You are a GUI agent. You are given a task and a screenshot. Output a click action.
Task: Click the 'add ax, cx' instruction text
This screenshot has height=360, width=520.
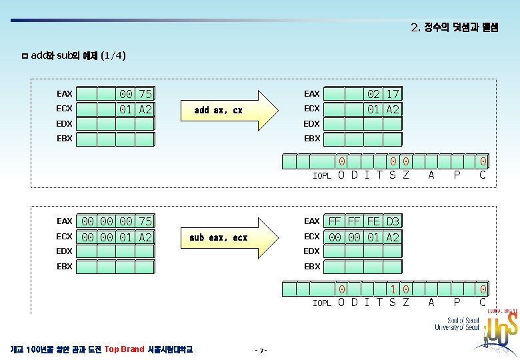pyautogui.click(x=218, y=110)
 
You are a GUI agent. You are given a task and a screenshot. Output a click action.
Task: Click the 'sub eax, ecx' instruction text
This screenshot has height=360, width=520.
pyautogui.click(x=218, y=237)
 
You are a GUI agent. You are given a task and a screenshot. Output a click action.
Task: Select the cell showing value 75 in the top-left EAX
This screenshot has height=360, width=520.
pyautogui.click(x=145, y=94)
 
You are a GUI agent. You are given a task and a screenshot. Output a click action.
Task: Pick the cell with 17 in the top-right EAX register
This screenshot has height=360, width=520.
pyautogui.click(x=393, y=94)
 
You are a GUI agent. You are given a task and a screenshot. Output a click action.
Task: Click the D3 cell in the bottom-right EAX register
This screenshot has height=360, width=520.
pyautogui.click(x=393, y=221)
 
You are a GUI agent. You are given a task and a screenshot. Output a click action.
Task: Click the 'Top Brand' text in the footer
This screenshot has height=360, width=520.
pyautogui.click(x=125, y=349)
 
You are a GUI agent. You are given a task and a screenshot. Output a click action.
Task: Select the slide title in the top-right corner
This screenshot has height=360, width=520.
pyautogui.click(x=455, y=28)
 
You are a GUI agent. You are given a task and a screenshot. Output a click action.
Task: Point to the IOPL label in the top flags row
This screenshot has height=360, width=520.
pyautogui.click(x=322, y=176)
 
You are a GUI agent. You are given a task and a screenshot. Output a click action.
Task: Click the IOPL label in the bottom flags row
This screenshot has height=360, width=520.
pyautogui.click(x=322, y=303)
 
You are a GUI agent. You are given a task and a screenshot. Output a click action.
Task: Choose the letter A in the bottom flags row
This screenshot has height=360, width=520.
pyautogui.click(x=431, y=303)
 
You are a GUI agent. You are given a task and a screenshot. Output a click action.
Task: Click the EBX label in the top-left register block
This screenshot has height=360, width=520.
pyautogui.click(x=65, y=139)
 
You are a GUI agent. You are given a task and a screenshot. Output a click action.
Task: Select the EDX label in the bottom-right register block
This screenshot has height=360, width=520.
pyautogui.click(x=311, y=251)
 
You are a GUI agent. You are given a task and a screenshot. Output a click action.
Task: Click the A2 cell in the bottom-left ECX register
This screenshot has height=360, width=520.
pyautogui.click(x=145, y=237)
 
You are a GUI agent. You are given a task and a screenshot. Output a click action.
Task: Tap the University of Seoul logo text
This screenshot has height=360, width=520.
pyautogui.click(x=456, y=323)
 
